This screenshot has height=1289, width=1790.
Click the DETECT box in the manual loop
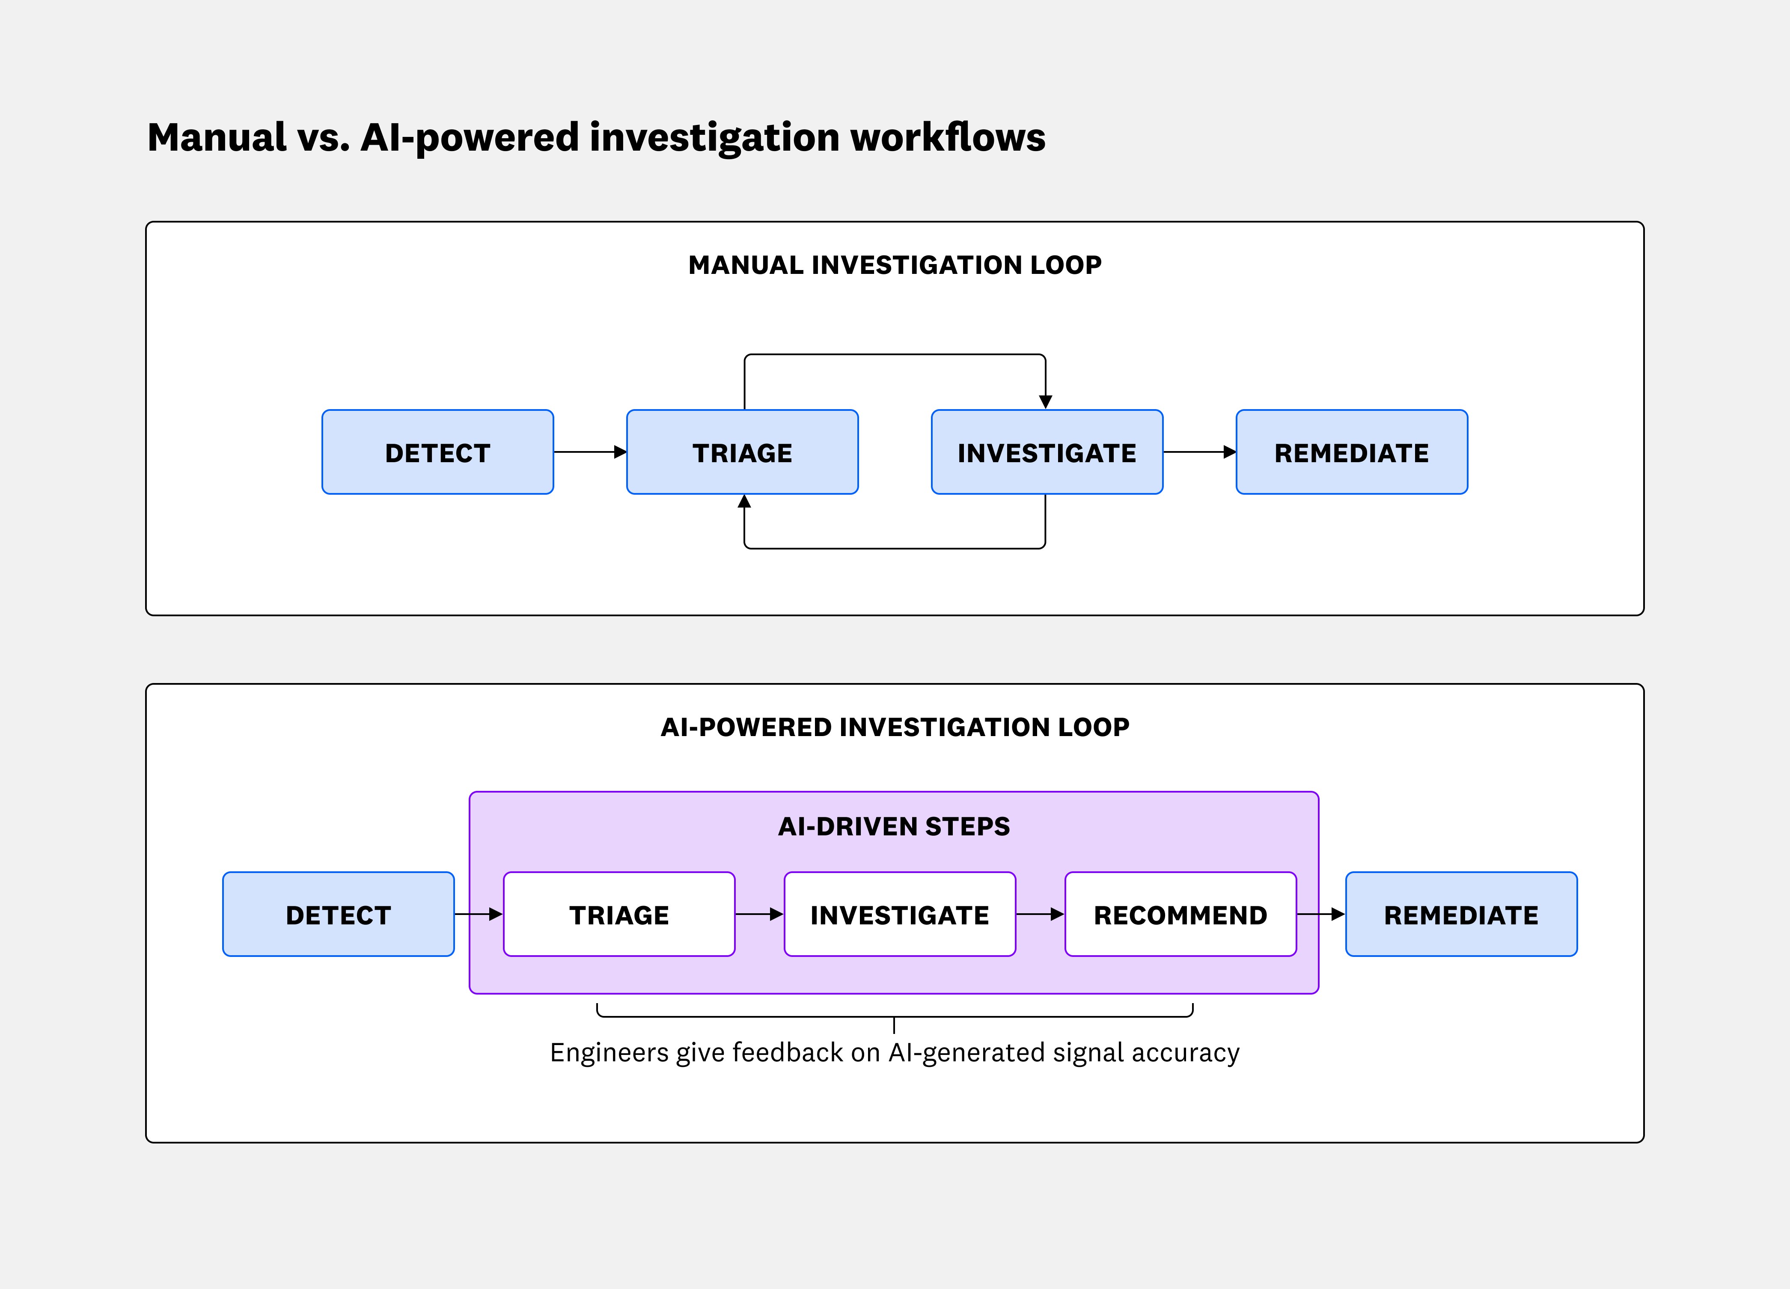[437, 452]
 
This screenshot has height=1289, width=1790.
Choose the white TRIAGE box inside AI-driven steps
[619, 915]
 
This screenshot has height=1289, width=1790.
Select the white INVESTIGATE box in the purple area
[900, 915]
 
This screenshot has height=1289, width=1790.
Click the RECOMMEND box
[1180, 915]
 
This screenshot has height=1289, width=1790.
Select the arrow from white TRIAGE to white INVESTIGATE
[759, 914]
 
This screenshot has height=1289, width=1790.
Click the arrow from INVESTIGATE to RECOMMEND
[1040, 914]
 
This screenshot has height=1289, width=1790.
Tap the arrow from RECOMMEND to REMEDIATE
[1320, 914]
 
